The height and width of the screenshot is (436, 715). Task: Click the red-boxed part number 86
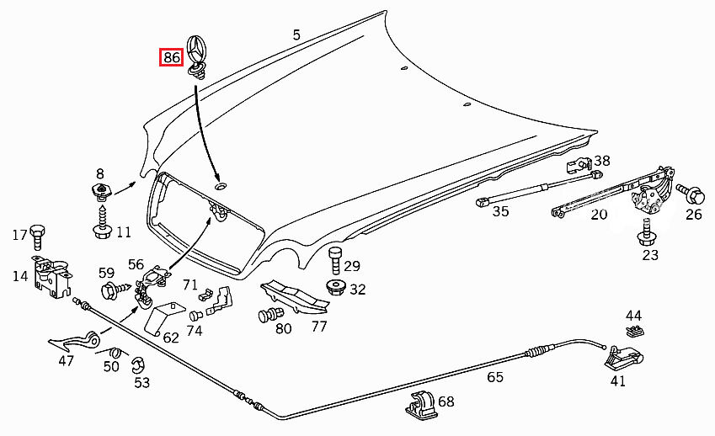172,58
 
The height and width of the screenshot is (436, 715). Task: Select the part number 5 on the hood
296,35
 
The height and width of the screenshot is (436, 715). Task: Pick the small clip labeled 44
634,329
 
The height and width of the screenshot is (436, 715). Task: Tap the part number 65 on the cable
495,376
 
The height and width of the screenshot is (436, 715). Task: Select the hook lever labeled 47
80,340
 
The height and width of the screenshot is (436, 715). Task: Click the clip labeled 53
139,366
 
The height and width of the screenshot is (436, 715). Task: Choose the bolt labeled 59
110,292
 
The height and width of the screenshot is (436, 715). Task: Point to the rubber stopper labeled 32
334,289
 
